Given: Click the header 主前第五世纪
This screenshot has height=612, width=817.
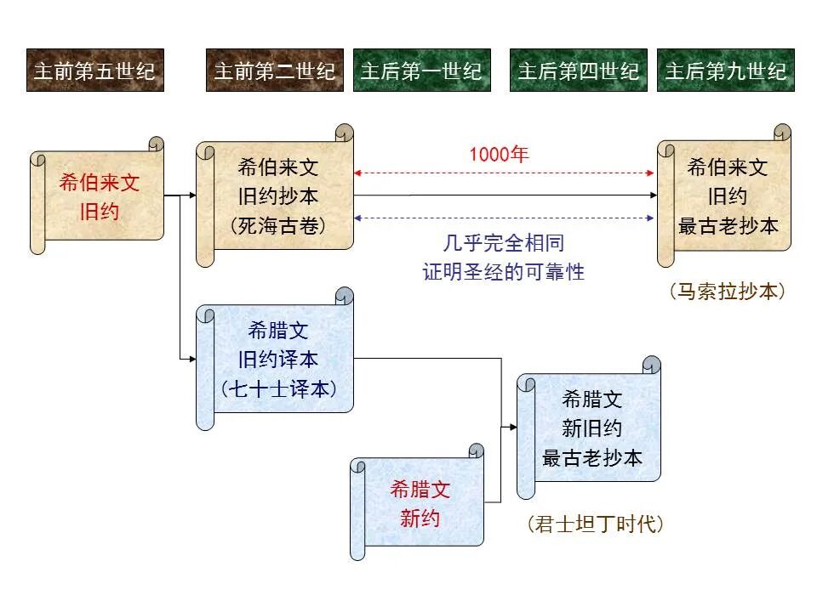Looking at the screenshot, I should (94, 70).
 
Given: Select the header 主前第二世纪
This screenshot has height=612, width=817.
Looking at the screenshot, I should (274, 70).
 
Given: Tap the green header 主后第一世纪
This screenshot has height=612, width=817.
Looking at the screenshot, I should (420, 70).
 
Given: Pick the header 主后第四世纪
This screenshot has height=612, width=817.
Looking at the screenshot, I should (578, 70).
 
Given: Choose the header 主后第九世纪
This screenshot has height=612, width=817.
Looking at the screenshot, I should (725, 70).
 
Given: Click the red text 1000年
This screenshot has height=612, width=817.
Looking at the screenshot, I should (499, 155).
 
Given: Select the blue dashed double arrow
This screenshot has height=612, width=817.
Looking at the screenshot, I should (505, 218).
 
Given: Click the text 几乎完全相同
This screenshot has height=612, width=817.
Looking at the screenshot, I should (504, 243).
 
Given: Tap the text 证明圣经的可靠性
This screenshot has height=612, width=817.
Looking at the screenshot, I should (504, 272).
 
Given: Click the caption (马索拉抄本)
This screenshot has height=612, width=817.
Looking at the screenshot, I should (726, 291).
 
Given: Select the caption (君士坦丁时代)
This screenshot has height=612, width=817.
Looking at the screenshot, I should (595, 524).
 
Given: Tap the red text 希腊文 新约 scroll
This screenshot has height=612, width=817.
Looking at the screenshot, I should (420, 503).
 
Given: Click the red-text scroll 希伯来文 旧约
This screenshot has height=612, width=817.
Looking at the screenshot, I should (99, 197).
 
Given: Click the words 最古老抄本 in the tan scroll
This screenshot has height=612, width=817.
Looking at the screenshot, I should (728, 225).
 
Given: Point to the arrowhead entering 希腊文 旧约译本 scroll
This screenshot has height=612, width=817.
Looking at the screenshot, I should (192, 360).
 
